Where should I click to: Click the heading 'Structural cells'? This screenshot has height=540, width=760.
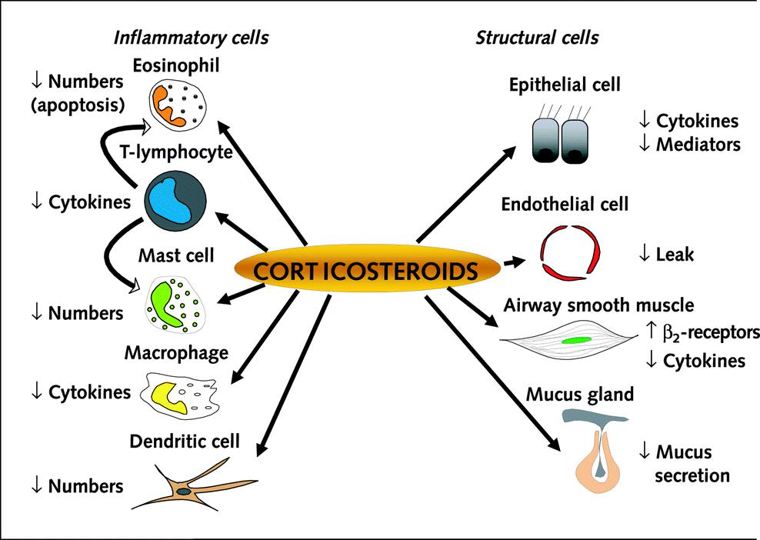click(538, 37)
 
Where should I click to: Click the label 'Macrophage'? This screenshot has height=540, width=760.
click(176, 353)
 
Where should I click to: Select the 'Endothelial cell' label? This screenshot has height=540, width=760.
click(565, 205)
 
